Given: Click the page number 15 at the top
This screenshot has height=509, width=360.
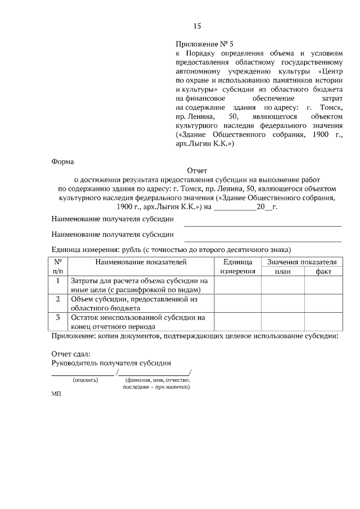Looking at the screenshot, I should [197, 26].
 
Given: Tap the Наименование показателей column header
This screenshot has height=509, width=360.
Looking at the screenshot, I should [140, 262].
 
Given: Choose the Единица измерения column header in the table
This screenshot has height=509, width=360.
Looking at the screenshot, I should [238, 267].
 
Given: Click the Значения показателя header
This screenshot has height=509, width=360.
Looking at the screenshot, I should [301, 262].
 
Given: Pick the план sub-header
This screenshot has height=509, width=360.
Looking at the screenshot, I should [282, 272].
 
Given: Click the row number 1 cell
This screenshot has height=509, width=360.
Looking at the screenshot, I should [58, 280].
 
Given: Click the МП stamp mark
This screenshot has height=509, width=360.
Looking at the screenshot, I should [56, 395].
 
